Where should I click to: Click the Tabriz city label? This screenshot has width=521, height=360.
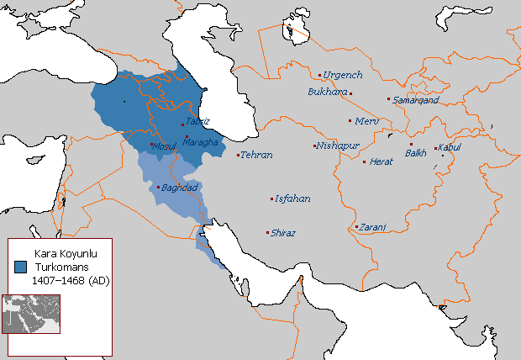[198, 122]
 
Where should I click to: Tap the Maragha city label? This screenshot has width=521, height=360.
[200, 142]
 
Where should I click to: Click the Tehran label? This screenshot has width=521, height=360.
[256, 156]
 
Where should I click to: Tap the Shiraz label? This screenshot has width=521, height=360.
[283, 233]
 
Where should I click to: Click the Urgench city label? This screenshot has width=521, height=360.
[344, 75]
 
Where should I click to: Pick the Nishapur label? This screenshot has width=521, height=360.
[339, 146]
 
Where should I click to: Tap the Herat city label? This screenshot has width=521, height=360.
[382, 161]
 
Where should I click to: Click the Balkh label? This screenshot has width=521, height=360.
[416, 153]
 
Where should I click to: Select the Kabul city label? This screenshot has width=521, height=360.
[450, 149]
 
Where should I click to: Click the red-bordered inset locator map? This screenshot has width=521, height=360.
[31, 313]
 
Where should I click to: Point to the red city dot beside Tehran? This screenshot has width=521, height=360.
[239, 155]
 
